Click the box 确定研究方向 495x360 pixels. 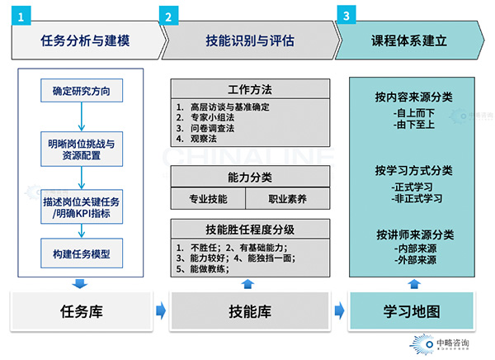coord(80,89)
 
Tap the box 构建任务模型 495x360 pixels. coord(80,251)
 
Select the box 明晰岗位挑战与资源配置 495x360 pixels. coord(80,148)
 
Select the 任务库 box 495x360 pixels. coord(80,311)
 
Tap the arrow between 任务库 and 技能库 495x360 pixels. coord(161,311)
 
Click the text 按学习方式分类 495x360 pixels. coord(412,171)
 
